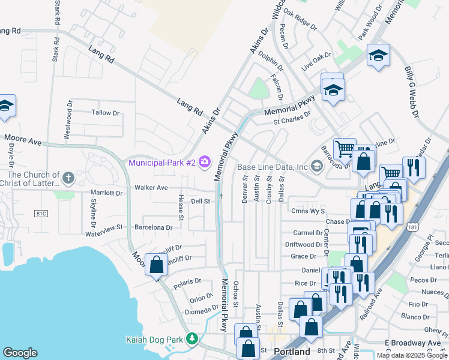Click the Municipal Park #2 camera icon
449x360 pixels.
click(x=205, y=161)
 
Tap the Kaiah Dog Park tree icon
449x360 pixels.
click(x=192, y=340)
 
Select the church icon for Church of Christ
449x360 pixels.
click(x=68, y=178)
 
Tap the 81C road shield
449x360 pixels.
click(x=41, y=214)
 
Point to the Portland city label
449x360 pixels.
click(x=292, y=352)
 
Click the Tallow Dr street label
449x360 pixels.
click(x=106, y=113)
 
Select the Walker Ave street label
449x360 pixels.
click(x=151, y=187)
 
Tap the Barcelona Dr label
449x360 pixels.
click(x=153, y=227)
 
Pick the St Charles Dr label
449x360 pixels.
click(x=292, y=118)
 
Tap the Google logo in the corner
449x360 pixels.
click(x=20, y=353)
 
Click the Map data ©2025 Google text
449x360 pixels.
click(x=412, y=355)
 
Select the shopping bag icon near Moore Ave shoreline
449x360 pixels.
click(x=156, y=265)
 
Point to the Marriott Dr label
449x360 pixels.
click(x=106, y=193)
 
